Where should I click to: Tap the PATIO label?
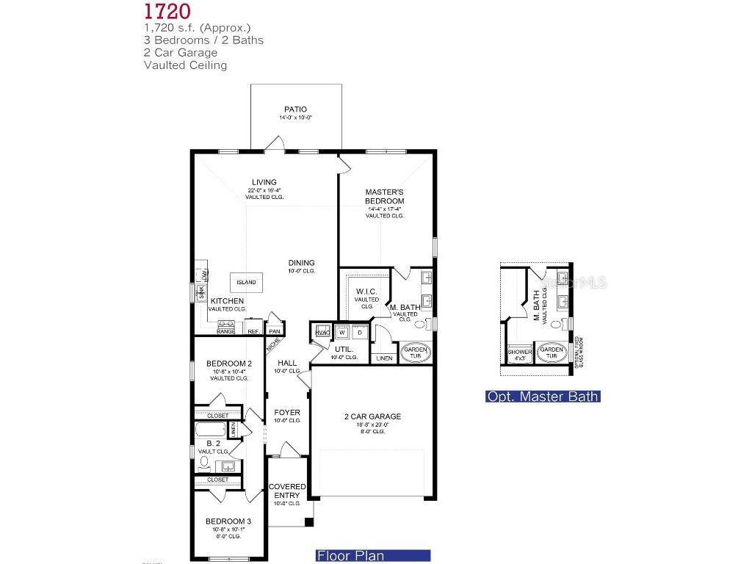(296, 109)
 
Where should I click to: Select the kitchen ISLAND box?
(246, 283)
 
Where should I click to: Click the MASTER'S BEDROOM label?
(385, 196)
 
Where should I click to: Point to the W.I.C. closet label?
(366, 292)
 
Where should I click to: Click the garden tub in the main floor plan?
(415, 351)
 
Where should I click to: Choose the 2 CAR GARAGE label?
(372, 416)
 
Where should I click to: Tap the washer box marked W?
(342, 331)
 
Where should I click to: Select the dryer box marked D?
(360, 331)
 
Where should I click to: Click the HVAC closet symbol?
(322, 332)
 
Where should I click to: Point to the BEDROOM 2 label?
(229, 364)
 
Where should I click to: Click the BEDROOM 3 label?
(229, 522)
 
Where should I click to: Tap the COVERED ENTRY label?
(287, 491)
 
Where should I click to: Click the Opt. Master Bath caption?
(543, 397)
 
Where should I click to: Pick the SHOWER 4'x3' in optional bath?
(519, 354)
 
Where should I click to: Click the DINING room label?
(301, 262)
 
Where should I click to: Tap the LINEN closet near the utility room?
(383, 358)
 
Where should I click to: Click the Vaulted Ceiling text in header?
(186, 65)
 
